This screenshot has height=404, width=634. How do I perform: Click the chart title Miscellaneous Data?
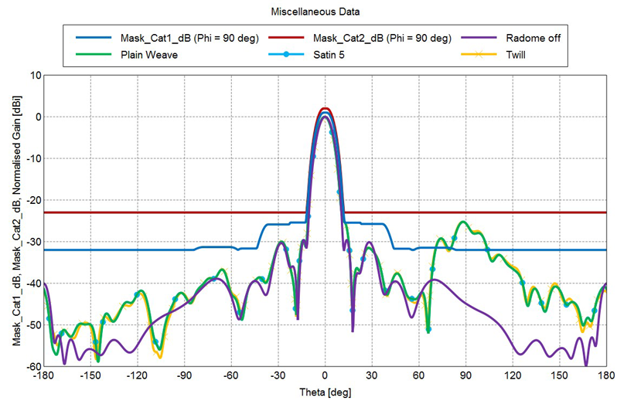point(316,12)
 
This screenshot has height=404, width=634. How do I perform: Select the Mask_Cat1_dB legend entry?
point(189,38)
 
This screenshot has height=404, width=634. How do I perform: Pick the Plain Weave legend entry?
point(148,55)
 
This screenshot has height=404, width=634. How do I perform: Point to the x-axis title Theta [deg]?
point(325,393)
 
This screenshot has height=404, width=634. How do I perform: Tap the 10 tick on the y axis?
point(34,76)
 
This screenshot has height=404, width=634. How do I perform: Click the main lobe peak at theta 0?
point(326,110)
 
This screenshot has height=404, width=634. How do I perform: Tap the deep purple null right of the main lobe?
point(353,330)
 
